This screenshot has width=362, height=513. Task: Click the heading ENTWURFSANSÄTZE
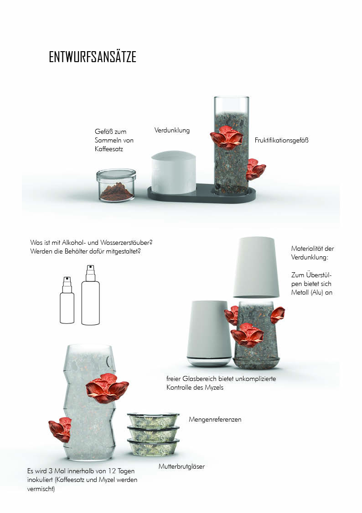tap(93, 57)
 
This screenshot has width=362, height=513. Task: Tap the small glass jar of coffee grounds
tap(116, 185)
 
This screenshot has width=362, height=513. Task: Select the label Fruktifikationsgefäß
tap(281, 140)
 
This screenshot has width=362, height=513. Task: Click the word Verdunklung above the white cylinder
tap(172, 130)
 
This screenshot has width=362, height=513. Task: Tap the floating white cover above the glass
tap(257, 267)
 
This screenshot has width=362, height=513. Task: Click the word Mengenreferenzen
tap(215, 419)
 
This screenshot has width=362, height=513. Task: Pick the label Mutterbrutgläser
tap(181, 466)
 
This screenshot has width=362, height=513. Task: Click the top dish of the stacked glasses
tap(153, 420)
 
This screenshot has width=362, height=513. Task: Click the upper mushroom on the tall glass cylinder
tap(226, 137)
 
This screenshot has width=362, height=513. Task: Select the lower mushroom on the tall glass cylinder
tap(256, 169)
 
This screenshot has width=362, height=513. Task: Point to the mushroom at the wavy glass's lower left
tap(60, 429)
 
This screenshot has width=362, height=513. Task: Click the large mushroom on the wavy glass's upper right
tap(107, 389)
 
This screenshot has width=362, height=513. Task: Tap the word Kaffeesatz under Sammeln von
tap(109, 149)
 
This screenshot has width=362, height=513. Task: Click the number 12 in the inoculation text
tap(112, 471)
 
